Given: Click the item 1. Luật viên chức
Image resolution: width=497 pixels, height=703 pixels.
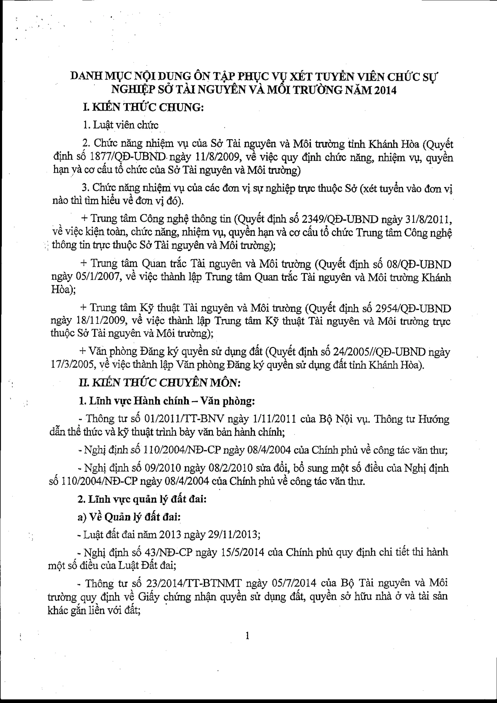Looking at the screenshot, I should point(121,125).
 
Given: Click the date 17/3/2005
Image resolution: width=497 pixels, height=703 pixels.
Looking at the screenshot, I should point(72,365).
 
